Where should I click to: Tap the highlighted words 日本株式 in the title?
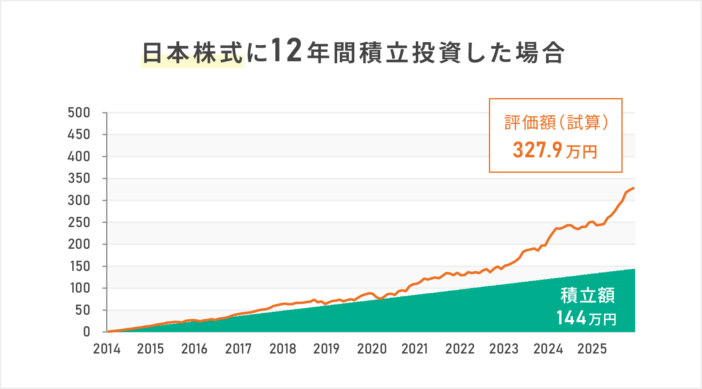pos(193,53)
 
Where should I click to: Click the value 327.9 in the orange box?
pos(537,150)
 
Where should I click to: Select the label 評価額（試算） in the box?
pos(556,123)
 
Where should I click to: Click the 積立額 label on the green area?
pos(587,296)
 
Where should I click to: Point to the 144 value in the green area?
pos(571,318)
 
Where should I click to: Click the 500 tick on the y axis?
pos(79,113)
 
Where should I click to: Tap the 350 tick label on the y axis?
pos(79,178)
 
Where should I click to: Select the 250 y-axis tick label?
pos(79,222)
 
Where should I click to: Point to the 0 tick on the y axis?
pos(86,332)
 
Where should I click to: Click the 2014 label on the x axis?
pos(107,349)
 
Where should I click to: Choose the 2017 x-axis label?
pos(238,349)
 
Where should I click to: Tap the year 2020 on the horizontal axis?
pos(371,349)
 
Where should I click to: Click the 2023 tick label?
pos(504,349)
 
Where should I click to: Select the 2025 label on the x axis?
pos(592,349)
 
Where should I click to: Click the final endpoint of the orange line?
pos(634,188)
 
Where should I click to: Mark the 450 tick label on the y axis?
pos(79,134)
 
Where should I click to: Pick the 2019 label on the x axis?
pos(326,349)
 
